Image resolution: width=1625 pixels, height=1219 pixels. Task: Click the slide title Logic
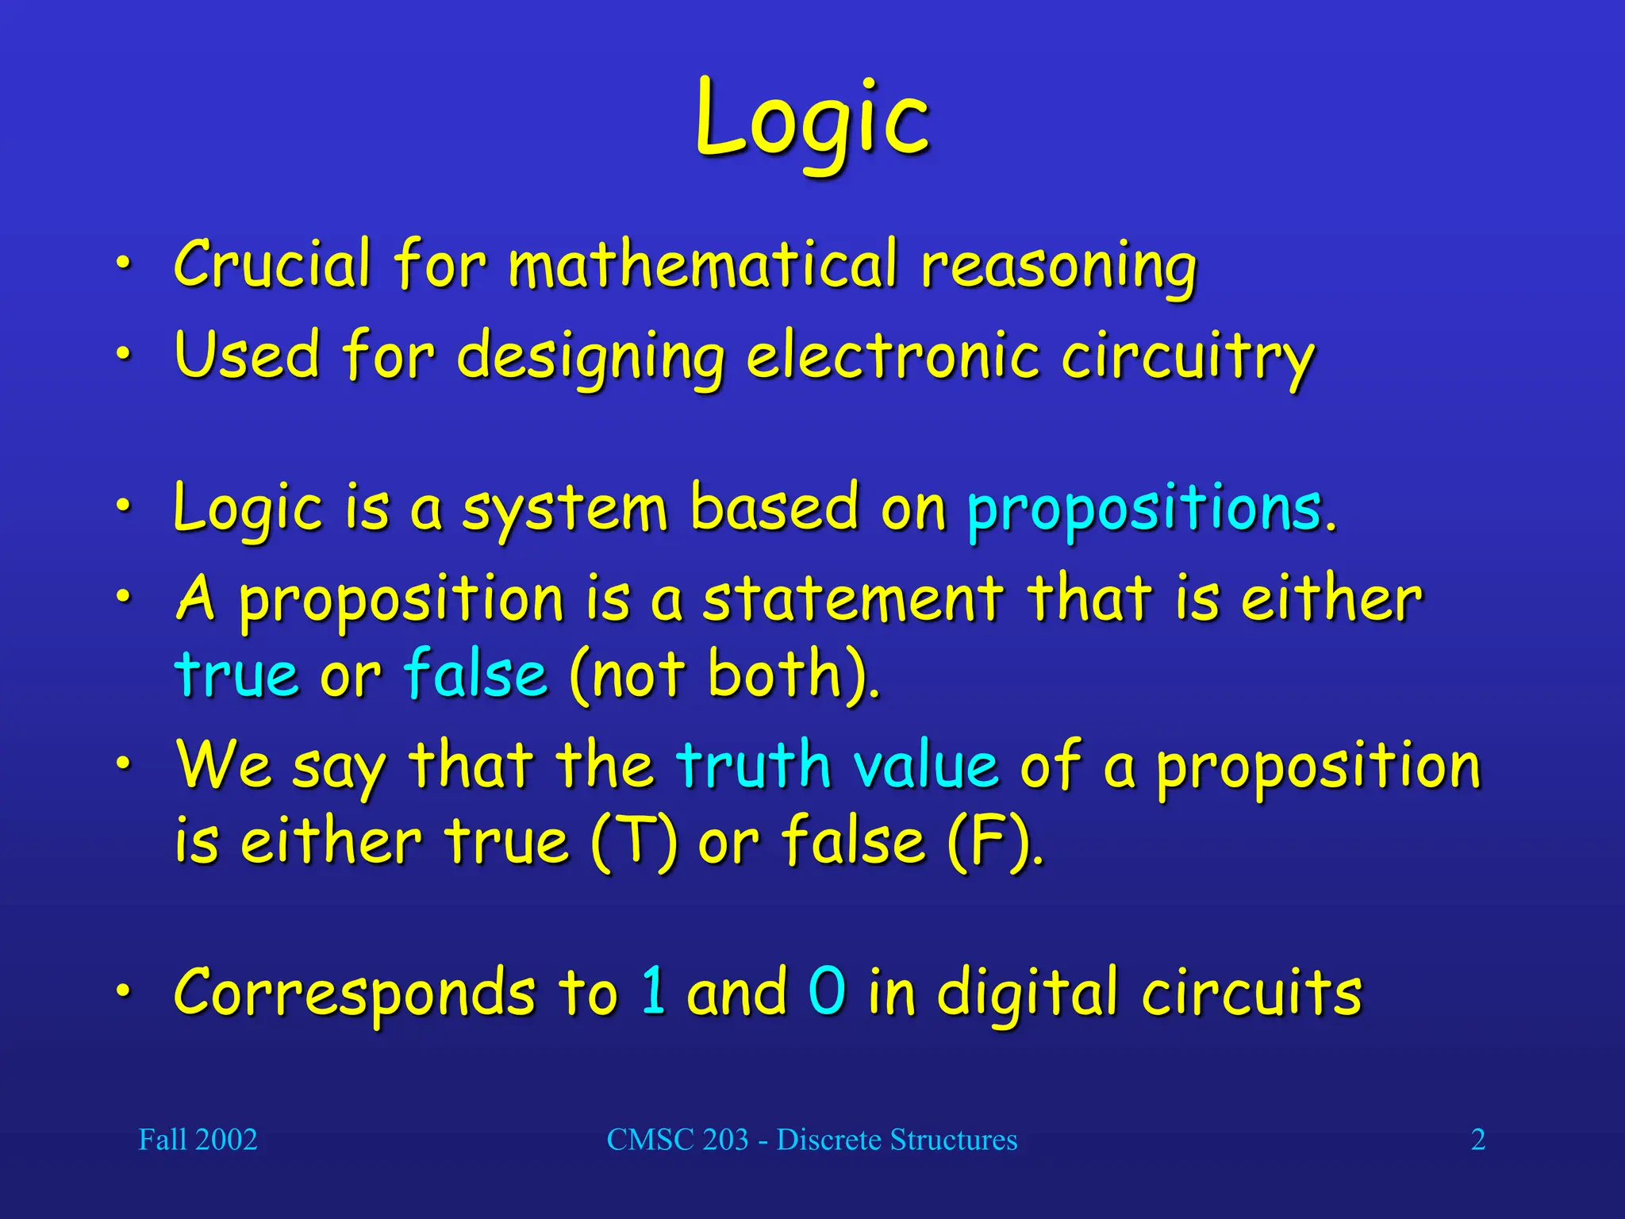(x=812, y=119)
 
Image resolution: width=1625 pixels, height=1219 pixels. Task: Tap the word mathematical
(x=703, y=264)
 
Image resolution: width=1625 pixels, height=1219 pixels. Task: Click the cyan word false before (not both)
(x=475, y=674)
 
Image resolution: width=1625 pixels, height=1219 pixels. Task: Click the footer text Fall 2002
(x=198, y=1140)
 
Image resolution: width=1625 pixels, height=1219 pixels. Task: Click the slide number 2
(x=1477, y=1140)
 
